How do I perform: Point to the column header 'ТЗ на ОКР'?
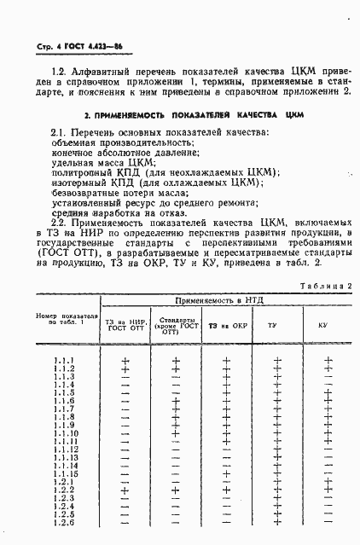(x=226, y=326)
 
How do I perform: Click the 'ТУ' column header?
(x=272, y=326)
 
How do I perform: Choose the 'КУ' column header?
(x=322, y=326)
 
